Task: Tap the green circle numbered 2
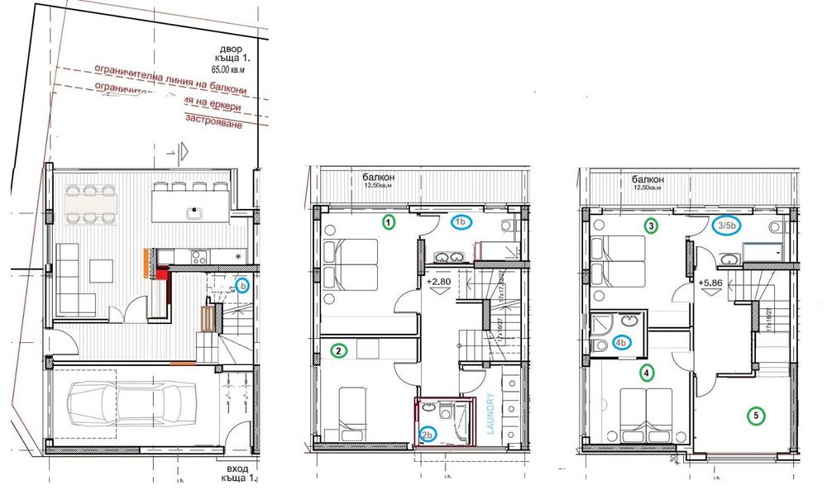(337, 350)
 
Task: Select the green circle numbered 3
(652, 225)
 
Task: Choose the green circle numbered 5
(753, 416)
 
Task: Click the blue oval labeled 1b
(461, 222)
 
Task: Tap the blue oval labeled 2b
(428, 435)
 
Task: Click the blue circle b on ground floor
(242, 286)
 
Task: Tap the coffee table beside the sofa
(103, 269)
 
